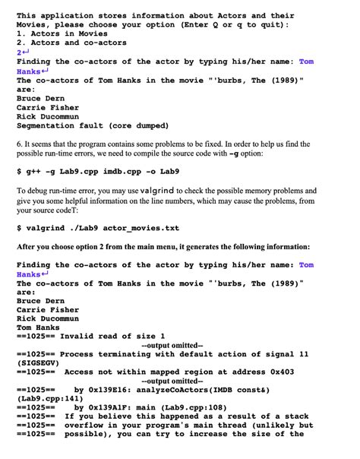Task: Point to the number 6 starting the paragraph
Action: pyautogui.click(x=19, y=144)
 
